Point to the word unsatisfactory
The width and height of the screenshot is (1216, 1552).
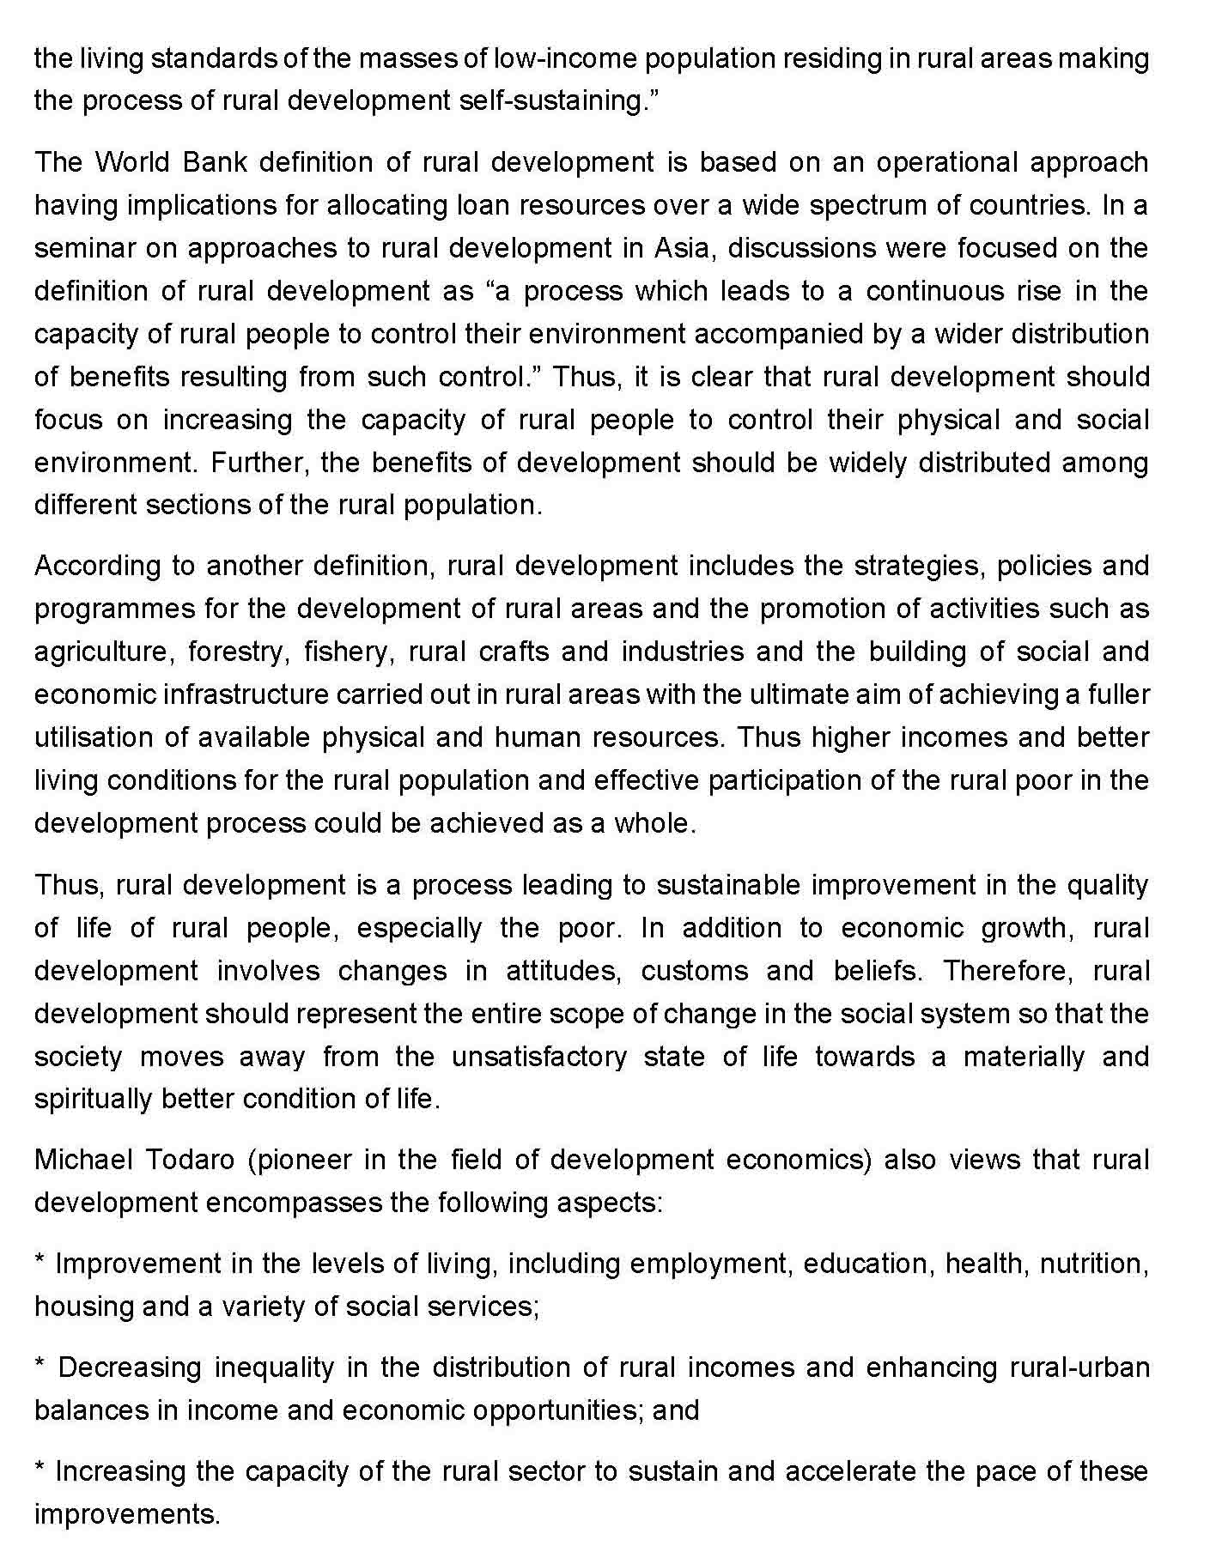(x=539, y=1057)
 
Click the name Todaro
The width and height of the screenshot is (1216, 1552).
(x=191, y=1161)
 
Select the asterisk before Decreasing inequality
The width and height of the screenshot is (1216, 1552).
(x=40, y=1364)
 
